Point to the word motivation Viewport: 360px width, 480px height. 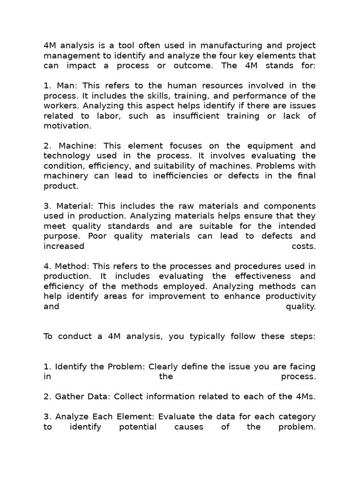pos(67,126)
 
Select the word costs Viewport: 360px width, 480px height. pos(304,246)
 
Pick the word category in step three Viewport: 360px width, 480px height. pos(297,417)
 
